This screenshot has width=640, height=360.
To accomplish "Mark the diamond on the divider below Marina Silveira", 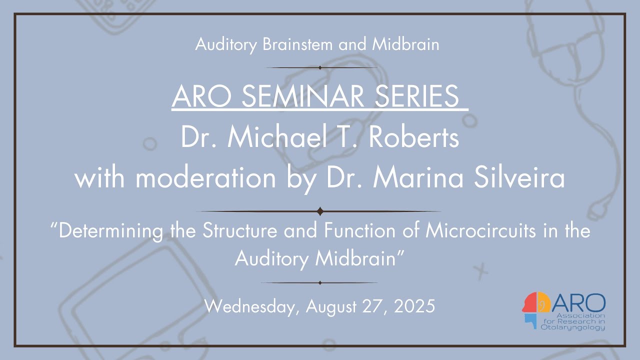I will (320, 211).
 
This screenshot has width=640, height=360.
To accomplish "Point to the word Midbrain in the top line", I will (405, 44).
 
